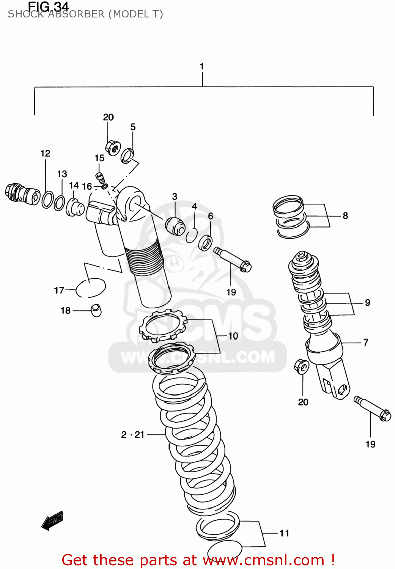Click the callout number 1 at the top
(202, 66)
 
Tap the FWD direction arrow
(52, 520)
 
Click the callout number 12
(45, 153)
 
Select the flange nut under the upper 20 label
(113, 147)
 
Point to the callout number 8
(345, 216)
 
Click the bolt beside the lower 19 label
(372, 409)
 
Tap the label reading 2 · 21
(133, 435)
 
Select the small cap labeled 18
(96, 310)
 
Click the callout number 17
(59, 290)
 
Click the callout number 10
(233, 336)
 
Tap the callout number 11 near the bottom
(284, 533)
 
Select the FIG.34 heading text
(48, 6)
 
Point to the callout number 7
(366, 343)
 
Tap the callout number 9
(367, 303)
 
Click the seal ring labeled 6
(205, 242)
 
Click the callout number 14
(74, 185)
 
